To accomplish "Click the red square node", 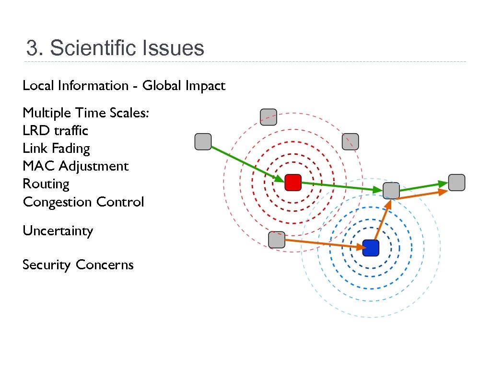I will [292, 183].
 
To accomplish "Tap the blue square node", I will [371, 248].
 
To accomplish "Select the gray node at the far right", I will [456, 182].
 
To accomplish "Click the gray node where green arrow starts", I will [203, 142].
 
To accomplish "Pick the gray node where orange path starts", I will [277, 240].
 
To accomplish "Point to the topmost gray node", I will [268, 117].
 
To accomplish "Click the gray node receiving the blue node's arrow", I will [391, 190].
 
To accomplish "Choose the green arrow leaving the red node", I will [342, 187].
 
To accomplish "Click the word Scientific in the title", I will [91, 48].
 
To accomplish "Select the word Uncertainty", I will [58, 231].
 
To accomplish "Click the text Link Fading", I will [56, 149].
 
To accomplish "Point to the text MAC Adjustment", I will [75, 166].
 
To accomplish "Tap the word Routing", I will [46, 184].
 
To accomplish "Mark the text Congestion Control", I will [83, 202].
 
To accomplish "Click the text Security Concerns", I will [78, 265].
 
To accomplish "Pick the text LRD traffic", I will [55, 131].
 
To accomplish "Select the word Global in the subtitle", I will [162, 86].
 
